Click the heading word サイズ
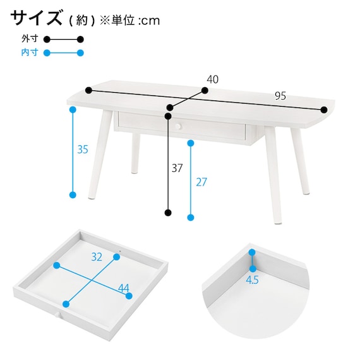point(36,18)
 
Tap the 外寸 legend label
point(30,39)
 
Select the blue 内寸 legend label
point(30,52)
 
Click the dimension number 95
point(280,96)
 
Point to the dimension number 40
point(213,80)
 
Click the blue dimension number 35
point(83,150)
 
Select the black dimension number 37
point(177,168)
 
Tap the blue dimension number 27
point(201,182)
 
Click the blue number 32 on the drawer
point(97,257)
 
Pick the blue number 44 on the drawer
point(124,288)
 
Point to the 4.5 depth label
point(252,280)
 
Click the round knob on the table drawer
point(178,126)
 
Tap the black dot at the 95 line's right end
point(324,110)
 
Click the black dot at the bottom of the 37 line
point(168,213)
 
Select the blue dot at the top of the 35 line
point(73,109)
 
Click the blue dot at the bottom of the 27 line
point(191,217)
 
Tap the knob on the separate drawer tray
point(57,315)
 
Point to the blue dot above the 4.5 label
point(253,253)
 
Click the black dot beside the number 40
point(205,90)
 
